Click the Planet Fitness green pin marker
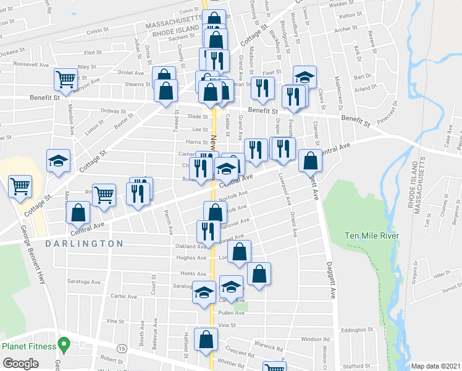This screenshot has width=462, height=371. [62, 344]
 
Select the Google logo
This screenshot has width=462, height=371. [20, 364]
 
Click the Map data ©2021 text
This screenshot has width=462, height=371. [436, 366]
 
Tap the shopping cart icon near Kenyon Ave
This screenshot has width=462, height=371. [65, 79]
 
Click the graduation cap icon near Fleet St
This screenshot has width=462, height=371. [304, 77]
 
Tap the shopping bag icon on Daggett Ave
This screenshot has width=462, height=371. [310, 161]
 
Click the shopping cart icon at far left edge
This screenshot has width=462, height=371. [20, 185]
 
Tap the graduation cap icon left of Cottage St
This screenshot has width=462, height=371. [58, 161]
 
